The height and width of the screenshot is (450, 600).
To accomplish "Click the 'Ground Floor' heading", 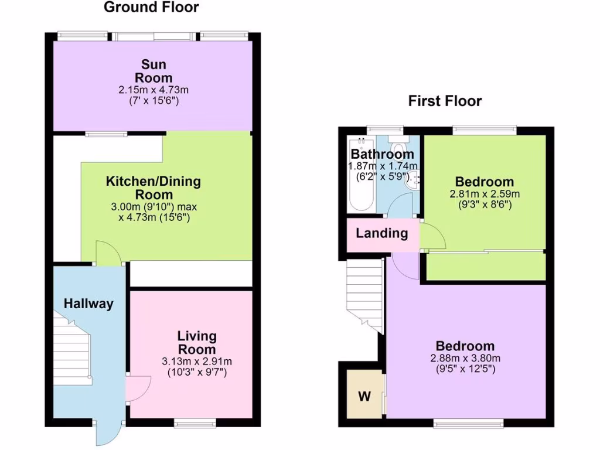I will (151, 8).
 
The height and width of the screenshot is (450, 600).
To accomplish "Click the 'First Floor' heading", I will (445, 101).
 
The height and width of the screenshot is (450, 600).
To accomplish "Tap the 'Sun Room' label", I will (154, 71).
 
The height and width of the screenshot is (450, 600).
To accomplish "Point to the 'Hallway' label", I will (88, 304).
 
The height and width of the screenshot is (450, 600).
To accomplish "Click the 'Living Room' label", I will (197, 343).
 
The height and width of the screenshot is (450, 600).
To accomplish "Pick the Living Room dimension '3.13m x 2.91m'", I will (197, 361).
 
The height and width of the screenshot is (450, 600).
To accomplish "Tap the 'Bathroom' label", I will (382, 154).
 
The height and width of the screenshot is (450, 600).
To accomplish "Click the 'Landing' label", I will (382, 233).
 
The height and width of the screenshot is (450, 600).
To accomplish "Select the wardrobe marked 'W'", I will (364, 396).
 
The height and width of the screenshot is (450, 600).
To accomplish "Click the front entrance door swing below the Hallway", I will (107, 434).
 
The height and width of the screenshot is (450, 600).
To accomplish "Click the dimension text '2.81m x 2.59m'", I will (485, 195).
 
